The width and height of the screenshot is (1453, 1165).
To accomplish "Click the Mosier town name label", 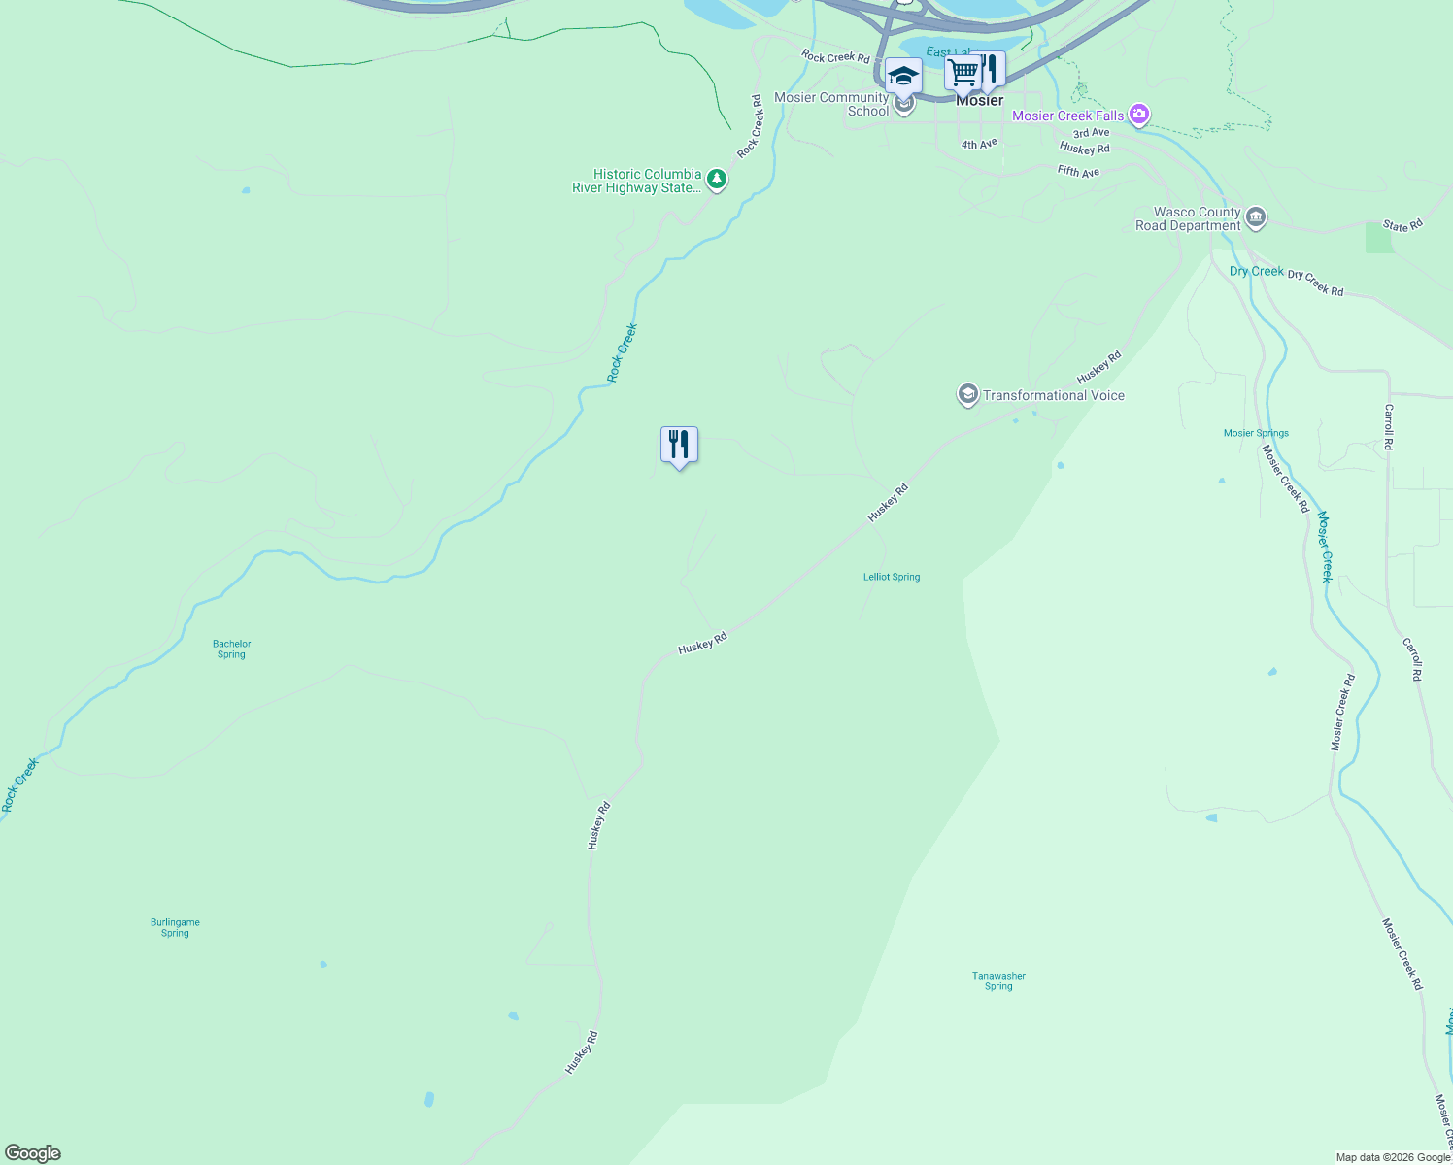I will (979, 101).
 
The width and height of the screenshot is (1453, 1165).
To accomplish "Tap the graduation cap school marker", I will (903, 76).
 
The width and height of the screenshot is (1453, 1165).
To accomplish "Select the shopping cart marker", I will (963, 71).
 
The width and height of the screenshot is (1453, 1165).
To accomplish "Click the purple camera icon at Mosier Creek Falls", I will (1139, 116).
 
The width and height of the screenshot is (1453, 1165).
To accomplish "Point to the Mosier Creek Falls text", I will (1067, 116).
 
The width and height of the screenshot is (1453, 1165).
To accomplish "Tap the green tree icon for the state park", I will (717, 180).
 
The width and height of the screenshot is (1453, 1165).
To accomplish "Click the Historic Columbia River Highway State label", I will (636, 182).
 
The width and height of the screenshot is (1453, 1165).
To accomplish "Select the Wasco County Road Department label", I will (1188, 218).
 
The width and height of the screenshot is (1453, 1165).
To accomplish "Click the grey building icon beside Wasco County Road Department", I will (1256, 217).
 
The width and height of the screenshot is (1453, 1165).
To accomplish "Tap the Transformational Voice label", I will (1053, 395).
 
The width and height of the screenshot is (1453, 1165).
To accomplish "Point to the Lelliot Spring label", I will (892, 577).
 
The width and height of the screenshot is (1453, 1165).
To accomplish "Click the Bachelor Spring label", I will (231, 649).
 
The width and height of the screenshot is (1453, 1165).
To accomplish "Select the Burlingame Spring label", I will (175, 927).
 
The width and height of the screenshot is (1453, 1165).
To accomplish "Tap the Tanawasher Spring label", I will (998, 981).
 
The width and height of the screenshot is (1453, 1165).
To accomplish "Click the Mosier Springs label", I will (1256, 433).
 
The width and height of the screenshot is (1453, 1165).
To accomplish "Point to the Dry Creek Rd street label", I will (1315, 283).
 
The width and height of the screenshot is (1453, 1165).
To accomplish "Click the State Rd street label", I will (1402, 226).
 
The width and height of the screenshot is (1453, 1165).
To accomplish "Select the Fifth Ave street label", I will (1078, 172).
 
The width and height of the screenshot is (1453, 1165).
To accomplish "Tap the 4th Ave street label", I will (979, 145).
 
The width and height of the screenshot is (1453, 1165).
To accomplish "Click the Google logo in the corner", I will (33, 1153).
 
